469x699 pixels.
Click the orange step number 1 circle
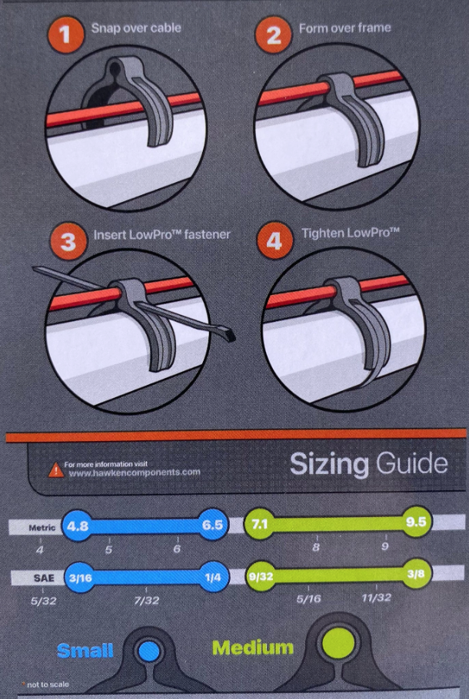pos(65,35)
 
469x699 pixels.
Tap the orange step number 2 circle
pos(273,35)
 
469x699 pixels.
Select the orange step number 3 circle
pos(68,242)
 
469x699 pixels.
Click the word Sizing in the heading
pos(329,465)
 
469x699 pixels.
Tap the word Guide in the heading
pos(411,463)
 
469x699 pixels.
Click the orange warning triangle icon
pos(56,470)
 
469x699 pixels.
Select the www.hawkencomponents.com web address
pos(135,472)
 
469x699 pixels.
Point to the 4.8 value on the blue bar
pos(78,525)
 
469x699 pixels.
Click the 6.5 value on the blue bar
pos(212,525)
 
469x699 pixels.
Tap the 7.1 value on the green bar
pos(260,524)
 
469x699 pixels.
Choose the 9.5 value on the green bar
pos(416,522)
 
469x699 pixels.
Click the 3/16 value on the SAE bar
pos(80,578)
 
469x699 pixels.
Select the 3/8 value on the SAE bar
pos(416,573)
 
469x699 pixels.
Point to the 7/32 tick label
pos(146,601)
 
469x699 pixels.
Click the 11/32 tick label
pos(376,598)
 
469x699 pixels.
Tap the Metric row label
pos(42,528)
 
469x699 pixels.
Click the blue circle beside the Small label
pos(149,651)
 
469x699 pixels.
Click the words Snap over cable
pos(136,28)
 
